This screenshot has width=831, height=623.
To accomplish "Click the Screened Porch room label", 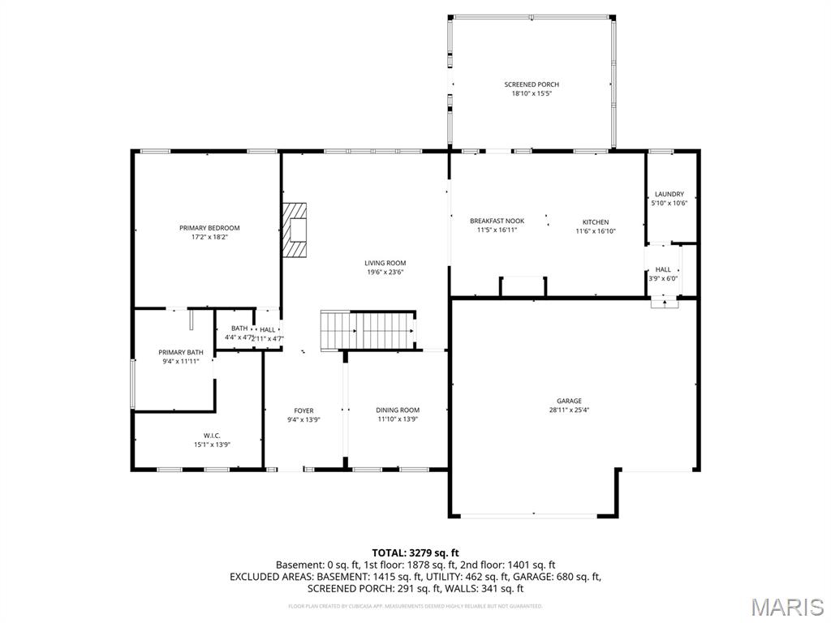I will coord(532,84).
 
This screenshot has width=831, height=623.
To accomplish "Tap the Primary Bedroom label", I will coord(209,228).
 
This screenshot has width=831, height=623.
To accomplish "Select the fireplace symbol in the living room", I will coord(296,230).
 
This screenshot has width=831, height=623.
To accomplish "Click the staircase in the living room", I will coord(369,330).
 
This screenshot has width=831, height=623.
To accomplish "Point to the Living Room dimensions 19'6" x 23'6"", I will coord(385,273).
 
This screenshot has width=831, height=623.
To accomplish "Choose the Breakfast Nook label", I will coord(497,221).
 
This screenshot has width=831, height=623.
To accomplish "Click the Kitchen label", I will coord(595,222).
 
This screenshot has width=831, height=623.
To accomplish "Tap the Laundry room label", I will coord(670,194).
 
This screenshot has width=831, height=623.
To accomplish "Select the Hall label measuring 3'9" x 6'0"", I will coord(663,269).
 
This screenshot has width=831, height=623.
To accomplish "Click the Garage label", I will coord(569,401).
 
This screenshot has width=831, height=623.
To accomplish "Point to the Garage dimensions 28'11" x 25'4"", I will coord(569,410).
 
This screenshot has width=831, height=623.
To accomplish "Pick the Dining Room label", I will coord(398,410).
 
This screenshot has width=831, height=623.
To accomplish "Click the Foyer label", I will coord(304,410).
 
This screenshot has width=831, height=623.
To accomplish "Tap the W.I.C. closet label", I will coord(212,436).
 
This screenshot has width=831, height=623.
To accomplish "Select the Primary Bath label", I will coord(180,352).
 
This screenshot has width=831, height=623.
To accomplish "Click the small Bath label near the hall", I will coord(239,329).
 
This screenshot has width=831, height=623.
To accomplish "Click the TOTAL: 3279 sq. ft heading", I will coord(415,553).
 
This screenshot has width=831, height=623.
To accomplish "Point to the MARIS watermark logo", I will coord(786,607).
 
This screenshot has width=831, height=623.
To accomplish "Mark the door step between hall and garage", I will coord(664,303).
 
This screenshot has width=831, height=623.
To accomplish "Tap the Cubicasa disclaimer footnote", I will coord(415,606).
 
